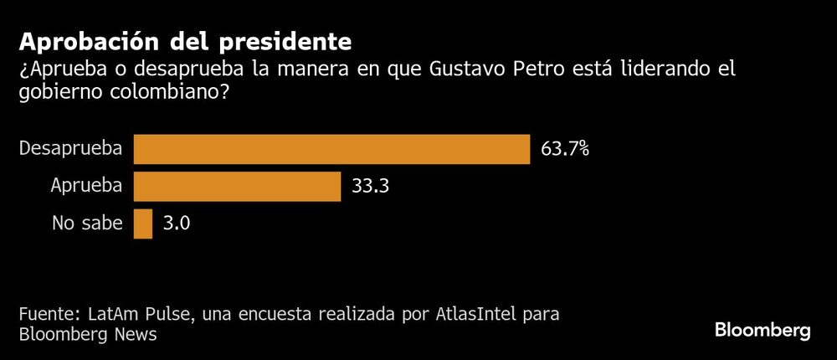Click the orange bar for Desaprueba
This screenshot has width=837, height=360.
pos(331,149)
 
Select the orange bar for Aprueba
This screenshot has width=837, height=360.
pos(237,187)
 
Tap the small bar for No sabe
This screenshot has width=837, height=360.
pos(143,224)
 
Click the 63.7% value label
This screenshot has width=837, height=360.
pos(564,149)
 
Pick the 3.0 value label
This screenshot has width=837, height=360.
pos(177,224)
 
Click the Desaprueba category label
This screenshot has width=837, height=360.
pos(71,149)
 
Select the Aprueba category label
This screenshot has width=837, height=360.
pos(87,187)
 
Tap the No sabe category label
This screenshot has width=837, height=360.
pos(87,224)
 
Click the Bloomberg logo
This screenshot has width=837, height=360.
pos(763,331)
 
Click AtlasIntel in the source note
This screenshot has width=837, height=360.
pos(477,316)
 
